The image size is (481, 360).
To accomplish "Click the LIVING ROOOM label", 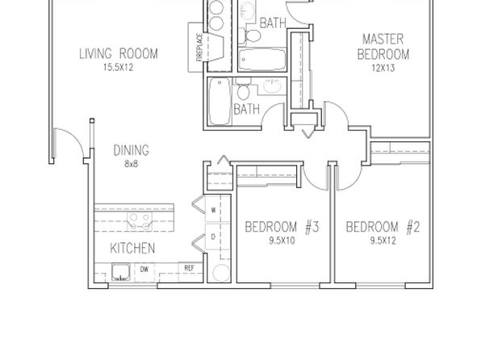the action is point(119,54).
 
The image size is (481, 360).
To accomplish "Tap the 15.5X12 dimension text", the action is point(119,68).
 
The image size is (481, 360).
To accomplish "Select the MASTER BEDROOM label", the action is point(383,47).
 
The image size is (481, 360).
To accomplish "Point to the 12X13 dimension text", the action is point(383,68).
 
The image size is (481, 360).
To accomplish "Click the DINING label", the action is point(132,150).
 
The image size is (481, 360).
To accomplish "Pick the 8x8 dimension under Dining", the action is point(132,164).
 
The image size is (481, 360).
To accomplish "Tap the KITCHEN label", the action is point(132,249).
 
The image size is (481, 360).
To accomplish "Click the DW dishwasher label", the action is point(144,270).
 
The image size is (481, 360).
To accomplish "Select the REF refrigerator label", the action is point(190,268).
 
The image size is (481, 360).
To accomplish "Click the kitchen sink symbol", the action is point(121,272).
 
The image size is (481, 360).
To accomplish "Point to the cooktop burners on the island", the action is point(140,222).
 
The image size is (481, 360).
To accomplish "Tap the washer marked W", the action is point(214,210).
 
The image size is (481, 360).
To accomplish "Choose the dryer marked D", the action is point(214,237).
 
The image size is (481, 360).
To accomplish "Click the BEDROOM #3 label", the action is point(282,228).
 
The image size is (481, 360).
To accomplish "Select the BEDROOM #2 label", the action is point(383,228).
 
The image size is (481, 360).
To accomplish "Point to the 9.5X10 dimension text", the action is point(282,241).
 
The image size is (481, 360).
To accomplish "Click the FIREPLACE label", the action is point(199,47).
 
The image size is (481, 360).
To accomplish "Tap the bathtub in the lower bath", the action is point(220,101).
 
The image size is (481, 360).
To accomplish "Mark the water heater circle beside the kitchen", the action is point(221,273).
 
